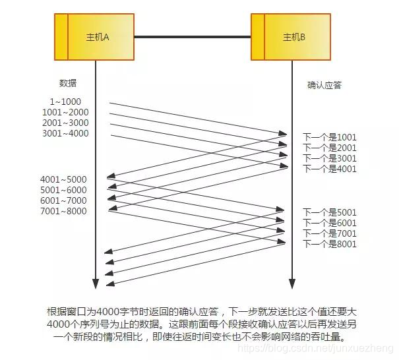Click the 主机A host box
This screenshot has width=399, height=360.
click(96, 37)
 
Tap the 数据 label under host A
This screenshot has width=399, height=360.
click(68, 84)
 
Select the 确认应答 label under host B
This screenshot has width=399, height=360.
click(324, 85)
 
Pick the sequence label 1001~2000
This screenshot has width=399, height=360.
click(65, 112)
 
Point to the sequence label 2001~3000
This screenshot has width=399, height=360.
click(65, 123)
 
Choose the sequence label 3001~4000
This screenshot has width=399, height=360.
click(65, 133)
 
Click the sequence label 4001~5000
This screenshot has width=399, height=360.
click(63, 179)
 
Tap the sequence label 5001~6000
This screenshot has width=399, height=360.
click(63, 190)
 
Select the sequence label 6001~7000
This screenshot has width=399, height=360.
click(63, 200)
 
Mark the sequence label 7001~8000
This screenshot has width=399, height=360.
click(63, 211)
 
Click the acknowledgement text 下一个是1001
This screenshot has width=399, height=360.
click(329, 137)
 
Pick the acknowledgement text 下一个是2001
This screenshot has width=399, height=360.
click(329, 148)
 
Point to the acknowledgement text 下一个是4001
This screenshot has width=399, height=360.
click(329, 169)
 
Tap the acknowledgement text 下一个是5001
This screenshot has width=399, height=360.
click(329, 212)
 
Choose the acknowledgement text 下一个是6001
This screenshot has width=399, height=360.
click(329, 223)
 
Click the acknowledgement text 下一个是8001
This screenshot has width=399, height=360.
click(329, 244)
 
